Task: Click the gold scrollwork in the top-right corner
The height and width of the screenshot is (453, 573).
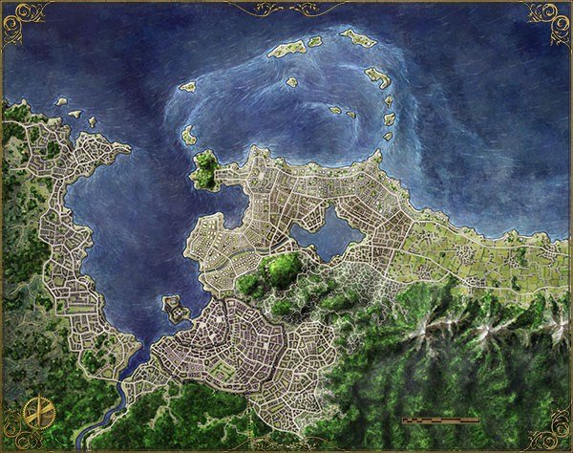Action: tap(554, 13)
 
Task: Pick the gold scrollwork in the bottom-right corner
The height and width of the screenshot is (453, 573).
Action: tap(554, 438)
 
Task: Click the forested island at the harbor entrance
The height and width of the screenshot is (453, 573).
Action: tap(206, 170)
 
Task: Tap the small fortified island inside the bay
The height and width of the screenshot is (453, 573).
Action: tap(175, 308)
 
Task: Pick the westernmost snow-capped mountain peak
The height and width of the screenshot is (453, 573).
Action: tap(420, 329)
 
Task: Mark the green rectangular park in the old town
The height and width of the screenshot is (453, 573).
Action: tap(223, 367)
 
